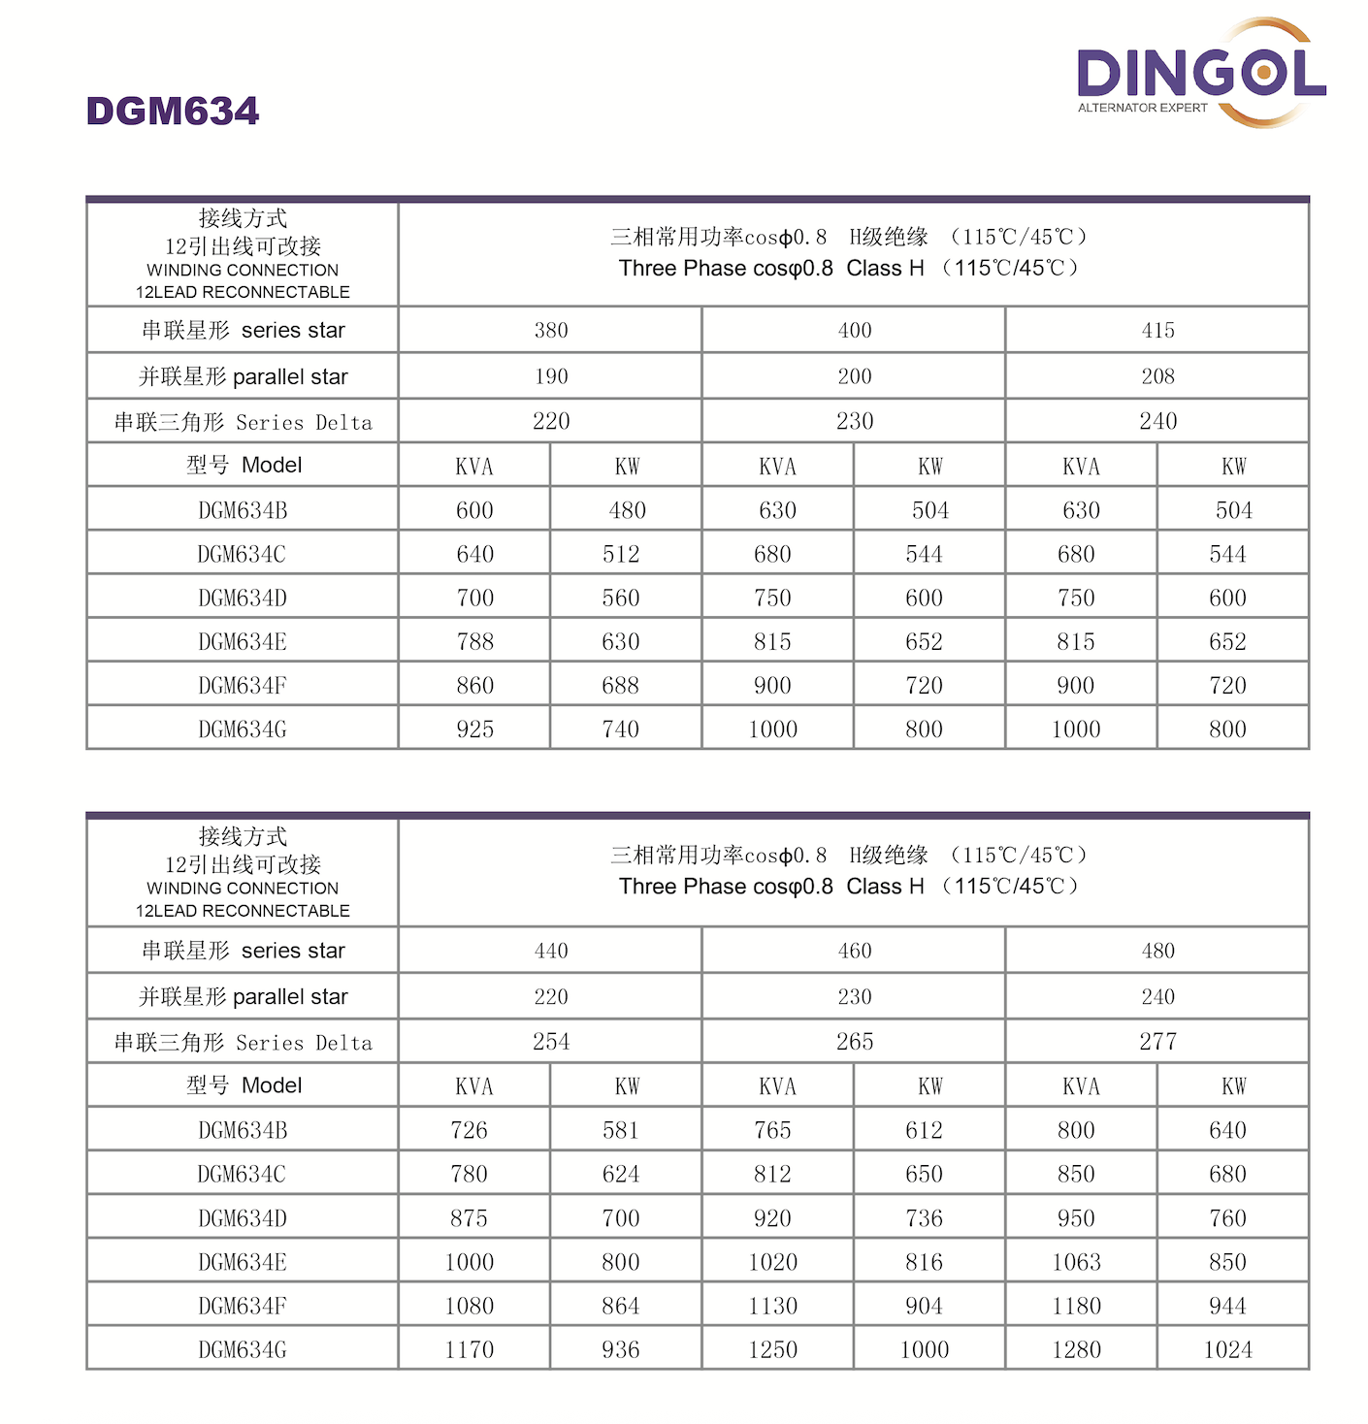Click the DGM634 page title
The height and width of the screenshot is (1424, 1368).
point(173,112)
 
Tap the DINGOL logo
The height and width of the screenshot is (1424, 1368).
point(1201,73)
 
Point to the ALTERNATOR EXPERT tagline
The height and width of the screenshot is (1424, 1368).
point(1142,108)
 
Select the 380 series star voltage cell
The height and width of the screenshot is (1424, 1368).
point(551,331)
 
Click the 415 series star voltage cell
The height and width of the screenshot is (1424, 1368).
point(1157,331)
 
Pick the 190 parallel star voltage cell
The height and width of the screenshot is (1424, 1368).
point(551,376)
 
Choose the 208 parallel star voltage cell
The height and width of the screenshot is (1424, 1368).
point(1157,376)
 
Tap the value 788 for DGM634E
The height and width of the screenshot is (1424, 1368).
point(475,642)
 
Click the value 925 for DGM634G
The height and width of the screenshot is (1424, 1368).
point(475,729)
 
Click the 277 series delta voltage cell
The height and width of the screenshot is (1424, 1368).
point(1157,1042)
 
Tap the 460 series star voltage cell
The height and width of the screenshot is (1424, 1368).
point(855,951)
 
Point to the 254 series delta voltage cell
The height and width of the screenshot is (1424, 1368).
point(551,1042)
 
